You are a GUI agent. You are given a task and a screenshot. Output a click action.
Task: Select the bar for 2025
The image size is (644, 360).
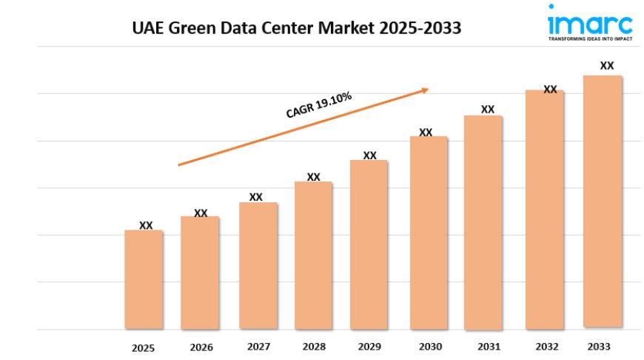click(x=144, y=279)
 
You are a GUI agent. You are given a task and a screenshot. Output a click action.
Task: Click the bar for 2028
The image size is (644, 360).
click(x=313, y=256)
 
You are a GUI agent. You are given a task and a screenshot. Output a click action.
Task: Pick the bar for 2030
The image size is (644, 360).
click(x=429, y=233)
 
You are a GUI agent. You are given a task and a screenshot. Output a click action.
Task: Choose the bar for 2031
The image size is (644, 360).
click(x=483, y=222)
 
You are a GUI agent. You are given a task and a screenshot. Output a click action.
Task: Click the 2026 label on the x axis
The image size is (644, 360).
click(x=201, y=347)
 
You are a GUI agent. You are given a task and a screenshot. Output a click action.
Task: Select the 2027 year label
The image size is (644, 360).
click(x=258, y=346)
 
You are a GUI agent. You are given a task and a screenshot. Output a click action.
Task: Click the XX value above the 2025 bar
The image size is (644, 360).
click(x=147, y=225)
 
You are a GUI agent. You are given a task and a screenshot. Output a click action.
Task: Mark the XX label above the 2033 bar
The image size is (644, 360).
click(x=607, y=66)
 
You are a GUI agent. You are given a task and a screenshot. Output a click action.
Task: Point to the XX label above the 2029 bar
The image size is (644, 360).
click(x=370, y=156)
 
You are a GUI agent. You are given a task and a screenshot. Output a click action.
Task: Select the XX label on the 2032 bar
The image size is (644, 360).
click(x=550, y=90)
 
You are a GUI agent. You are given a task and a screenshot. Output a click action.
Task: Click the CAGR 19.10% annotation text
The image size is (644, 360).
click(x=319, y=105)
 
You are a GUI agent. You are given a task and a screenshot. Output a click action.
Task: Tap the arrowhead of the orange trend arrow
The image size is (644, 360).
click(x=425, y=90)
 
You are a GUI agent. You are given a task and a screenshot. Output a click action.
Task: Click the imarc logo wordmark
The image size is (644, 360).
click(x=590, y=19)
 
